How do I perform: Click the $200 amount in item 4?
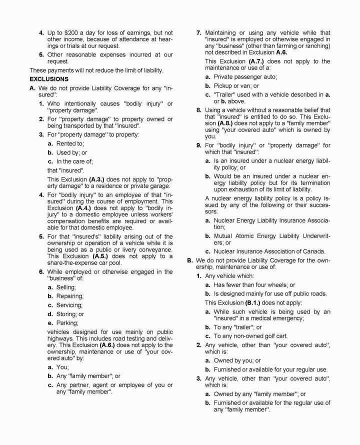point(74,32)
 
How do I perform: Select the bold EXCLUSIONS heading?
point(49,79)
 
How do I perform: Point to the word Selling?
point(66,287)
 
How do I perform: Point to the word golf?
point(269,335)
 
